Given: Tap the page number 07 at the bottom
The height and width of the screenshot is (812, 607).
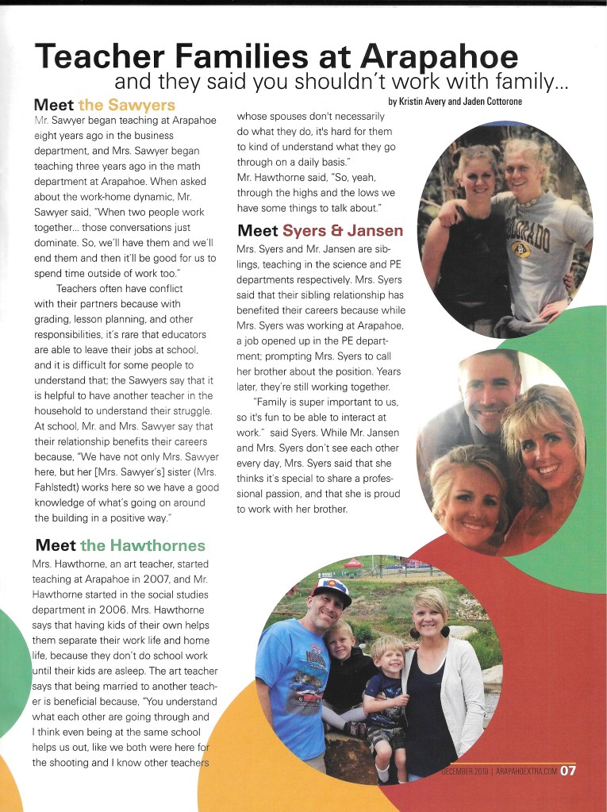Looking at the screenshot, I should tap(568, 770).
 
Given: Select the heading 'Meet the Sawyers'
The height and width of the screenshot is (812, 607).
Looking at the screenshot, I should tap(105, 105).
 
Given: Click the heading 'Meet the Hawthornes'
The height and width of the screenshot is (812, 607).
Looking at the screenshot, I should tap(120, 545).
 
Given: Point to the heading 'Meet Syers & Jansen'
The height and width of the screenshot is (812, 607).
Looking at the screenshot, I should tap(321, 231).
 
